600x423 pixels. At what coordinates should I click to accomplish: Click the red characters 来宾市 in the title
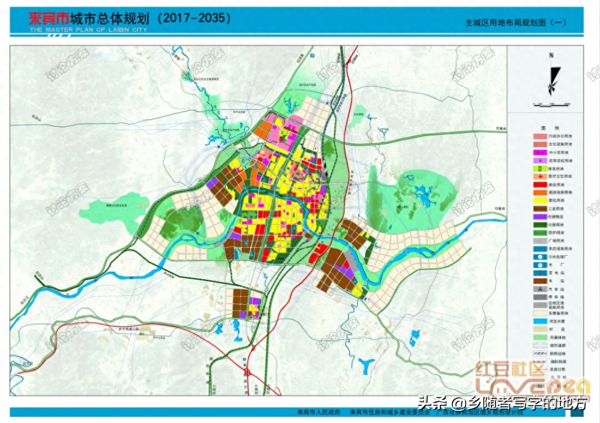click(x=49, y=18)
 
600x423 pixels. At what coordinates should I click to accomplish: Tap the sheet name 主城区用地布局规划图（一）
click(x=515, y=22)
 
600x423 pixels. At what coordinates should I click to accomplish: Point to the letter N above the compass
click(x=550, y=55)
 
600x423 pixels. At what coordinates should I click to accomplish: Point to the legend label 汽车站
click(x=556, y=289)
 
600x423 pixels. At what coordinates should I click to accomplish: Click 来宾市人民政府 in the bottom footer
click(x=319, y=413)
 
